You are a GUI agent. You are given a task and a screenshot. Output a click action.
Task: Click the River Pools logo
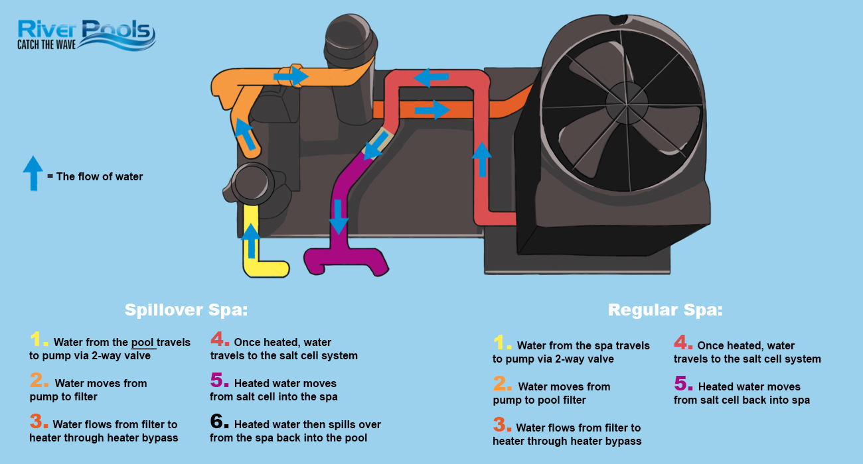(86, 35)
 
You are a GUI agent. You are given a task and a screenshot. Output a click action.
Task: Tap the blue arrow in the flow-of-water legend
(33, 173)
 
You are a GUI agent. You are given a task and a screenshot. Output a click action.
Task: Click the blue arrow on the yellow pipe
(251, 241)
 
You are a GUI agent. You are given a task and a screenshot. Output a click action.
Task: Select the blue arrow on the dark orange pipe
(432, 110)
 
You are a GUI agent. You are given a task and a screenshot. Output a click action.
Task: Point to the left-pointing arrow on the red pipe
(431, 78)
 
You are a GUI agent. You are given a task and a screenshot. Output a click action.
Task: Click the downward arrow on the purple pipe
(339, 217)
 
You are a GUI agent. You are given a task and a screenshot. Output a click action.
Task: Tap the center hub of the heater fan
(627, 103)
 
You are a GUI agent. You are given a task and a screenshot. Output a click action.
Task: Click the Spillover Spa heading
(186, 310)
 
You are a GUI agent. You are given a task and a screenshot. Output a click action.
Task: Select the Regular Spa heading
(665, 310)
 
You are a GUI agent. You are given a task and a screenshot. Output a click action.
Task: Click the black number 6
(219, 422)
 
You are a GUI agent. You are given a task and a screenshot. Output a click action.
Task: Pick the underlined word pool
(143, 343)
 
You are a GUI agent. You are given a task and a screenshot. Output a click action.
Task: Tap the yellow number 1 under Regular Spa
(502, 343)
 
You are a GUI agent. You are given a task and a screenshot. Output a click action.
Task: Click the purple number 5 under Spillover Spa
(219, 380)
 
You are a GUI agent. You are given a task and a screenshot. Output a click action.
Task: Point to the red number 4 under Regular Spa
(682, 343)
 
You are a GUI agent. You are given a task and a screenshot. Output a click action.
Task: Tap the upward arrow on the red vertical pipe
(481, 159)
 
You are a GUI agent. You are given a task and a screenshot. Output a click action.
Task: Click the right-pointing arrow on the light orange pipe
(291, 76)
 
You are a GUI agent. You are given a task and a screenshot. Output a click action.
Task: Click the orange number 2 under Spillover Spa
(39, 380)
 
